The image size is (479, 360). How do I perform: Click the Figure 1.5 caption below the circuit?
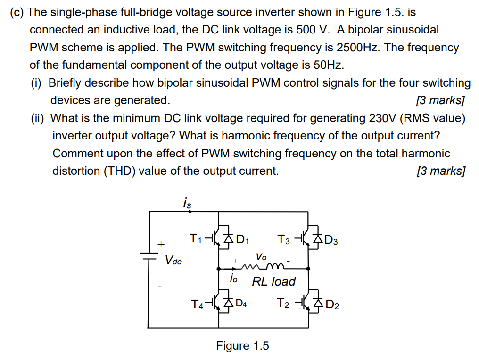242,346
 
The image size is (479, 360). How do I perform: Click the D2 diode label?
332,304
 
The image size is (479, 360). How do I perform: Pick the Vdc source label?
173,260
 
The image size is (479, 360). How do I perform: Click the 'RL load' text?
273,281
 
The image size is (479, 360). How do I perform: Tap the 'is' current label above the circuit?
187,204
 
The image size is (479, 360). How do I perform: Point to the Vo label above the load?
261,257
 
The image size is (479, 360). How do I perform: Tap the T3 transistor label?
284,240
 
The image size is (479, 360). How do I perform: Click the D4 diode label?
240,304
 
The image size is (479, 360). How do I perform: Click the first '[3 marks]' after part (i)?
440,100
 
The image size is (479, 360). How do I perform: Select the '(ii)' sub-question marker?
38,118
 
